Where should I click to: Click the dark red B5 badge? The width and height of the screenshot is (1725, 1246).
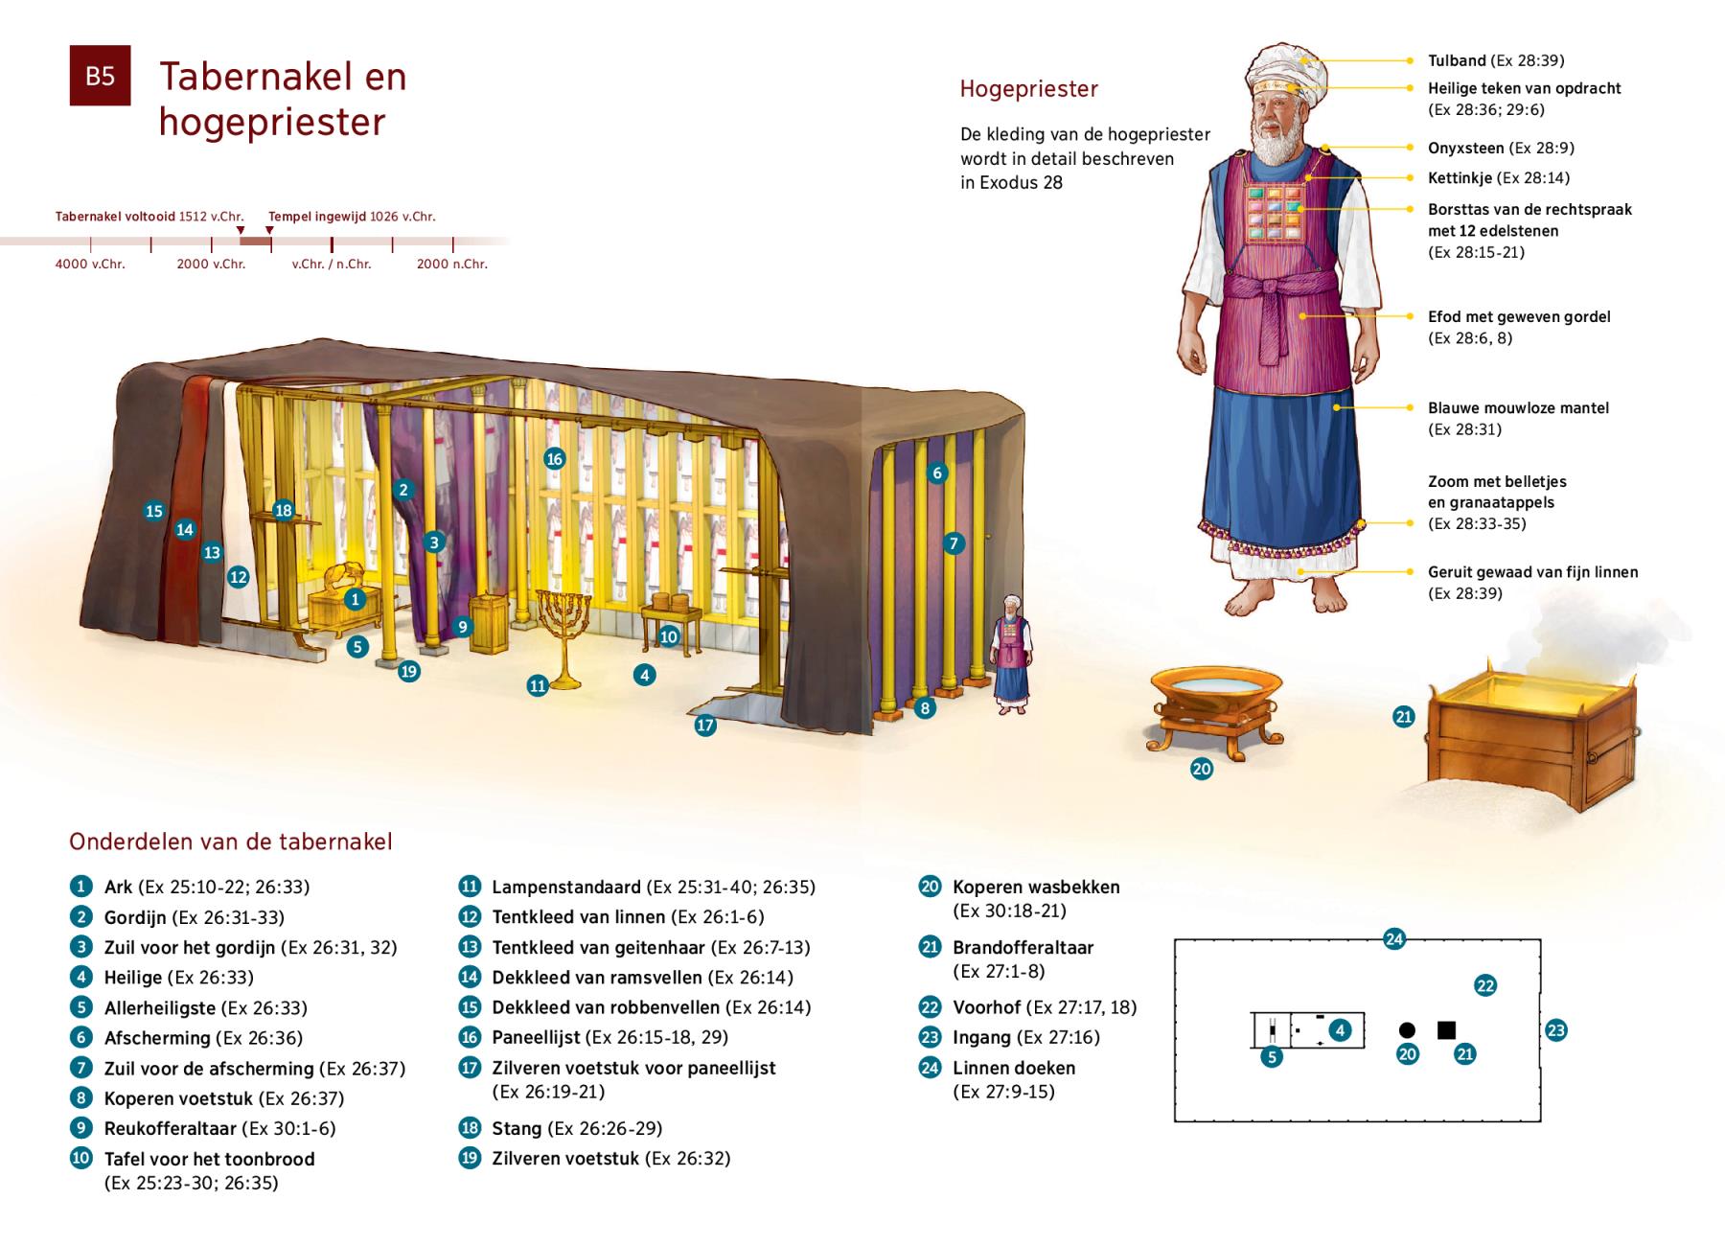(100, 76)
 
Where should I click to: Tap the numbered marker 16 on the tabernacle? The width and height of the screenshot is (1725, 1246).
(554, 459)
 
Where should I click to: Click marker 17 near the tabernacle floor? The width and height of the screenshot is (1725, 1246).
(705, 726)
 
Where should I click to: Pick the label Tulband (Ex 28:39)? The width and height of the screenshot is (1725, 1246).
(1496, 60)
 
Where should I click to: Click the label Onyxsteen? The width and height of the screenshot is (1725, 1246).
(1466, 148)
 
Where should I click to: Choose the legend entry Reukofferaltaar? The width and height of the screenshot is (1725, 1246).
(171, 1128)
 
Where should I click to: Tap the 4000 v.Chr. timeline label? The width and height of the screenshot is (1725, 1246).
(90, 264)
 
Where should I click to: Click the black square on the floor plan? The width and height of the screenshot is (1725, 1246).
(1446, 1030)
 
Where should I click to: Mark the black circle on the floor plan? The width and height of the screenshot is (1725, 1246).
(1407, 1030)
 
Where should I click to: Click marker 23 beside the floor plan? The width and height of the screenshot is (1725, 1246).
(1556, 1030)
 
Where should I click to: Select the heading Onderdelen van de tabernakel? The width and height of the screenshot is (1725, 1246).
(231, 842)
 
